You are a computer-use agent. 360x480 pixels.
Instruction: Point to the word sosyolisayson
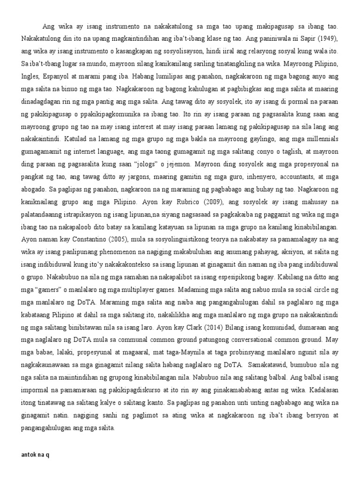[x=178, y=50]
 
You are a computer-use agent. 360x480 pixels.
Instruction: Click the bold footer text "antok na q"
[x=35, y=454]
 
